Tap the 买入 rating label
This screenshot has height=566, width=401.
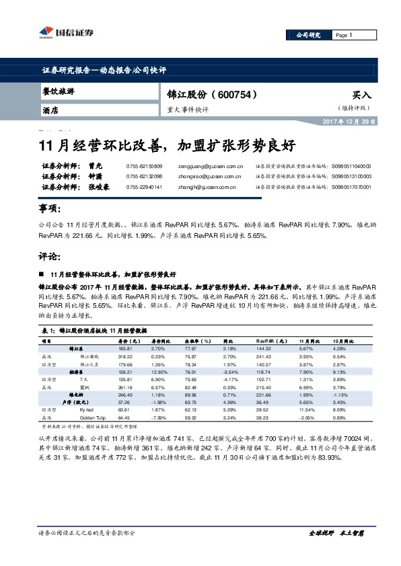click(x=361, y=95)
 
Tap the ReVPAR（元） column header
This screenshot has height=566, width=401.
click(x=270, y=341)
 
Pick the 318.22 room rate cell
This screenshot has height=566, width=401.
click(x=124, y=356)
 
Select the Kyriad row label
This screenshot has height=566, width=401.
click(x=87, y=409)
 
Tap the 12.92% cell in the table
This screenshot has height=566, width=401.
click(x=158, y=371)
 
